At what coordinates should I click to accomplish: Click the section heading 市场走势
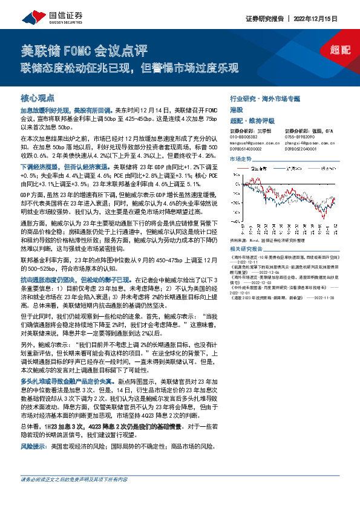240,158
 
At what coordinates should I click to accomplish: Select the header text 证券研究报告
265,18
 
